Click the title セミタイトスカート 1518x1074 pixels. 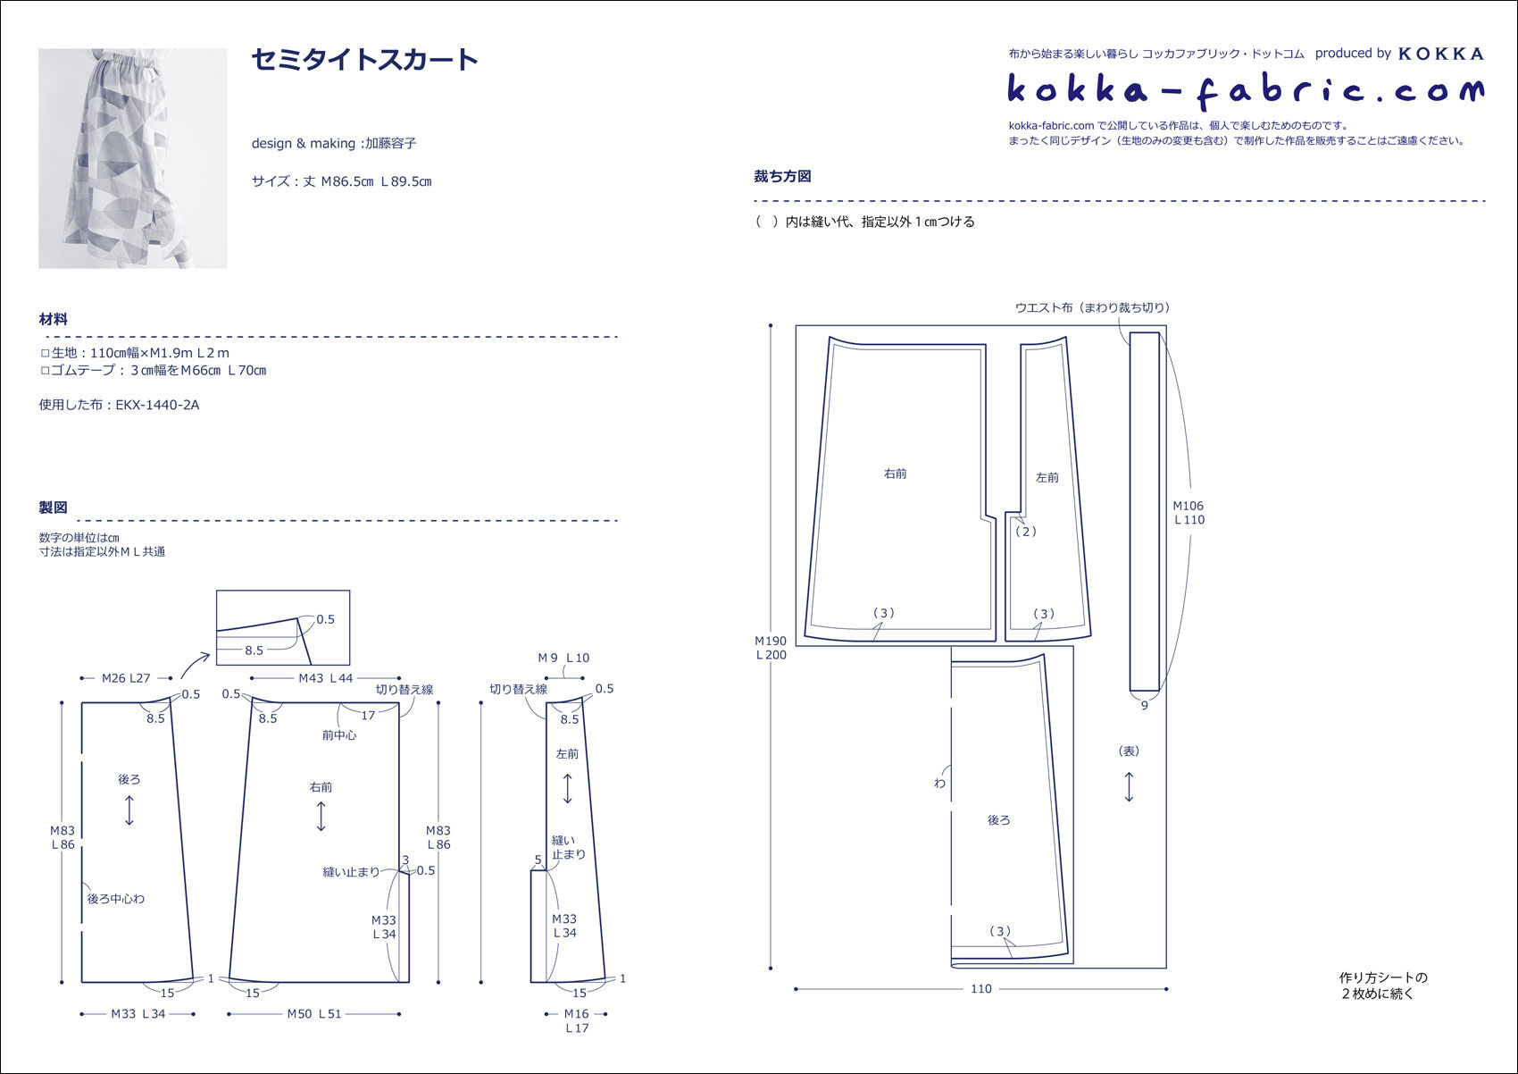(364, 60)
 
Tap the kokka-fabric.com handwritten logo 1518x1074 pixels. (1246, 91)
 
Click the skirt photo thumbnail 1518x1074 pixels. (133, 159)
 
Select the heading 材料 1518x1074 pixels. (54, 319)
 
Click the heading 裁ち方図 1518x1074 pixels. (783, 176)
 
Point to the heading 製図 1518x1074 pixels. (54, 508)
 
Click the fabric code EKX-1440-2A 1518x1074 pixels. (157, 405)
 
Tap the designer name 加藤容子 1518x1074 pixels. (391, 143)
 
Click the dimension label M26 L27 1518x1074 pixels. (126, 678)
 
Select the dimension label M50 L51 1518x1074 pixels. (314, 1013)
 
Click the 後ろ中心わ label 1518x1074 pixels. (116, 898)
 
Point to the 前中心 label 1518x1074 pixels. (338, 735)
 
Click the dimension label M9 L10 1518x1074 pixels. (563, 658)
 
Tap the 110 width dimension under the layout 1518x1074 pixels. (981, 988)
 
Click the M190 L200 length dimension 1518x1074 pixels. (772, 648)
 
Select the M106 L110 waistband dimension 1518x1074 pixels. (1189, 513)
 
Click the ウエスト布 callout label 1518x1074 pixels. (1092, 308)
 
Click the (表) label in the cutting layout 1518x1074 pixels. (1129, 751)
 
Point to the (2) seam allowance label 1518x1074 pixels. (1026, 532)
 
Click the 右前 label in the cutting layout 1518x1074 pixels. (896, 474)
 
